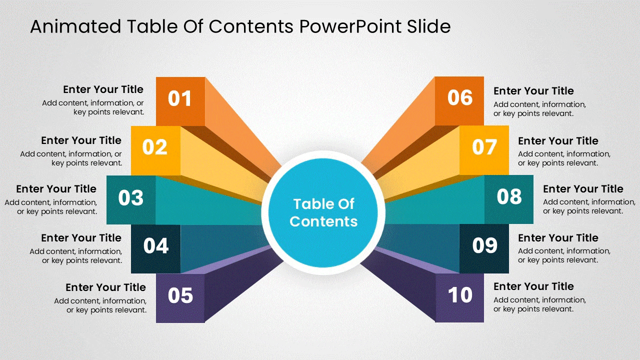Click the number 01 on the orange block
(x=179, y=98)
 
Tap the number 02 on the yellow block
(x=154, y=147)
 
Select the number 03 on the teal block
(x=130, y=197)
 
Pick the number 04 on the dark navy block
(x=155, y=245)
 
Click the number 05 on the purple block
(x=180, y=295)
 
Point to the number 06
(x=460, y=97)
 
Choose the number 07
(x=484, y=147)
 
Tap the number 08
(x=509, y=196)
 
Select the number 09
(x=484, y=245)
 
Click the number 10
(x=460, y=294)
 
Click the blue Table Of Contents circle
(x=323, y=213)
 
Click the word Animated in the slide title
(x=75, y=26)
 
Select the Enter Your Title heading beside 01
(x=103, y=89)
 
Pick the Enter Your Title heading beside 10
(x=533, y=286)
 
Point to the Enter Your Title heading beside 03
(x=56, y=189)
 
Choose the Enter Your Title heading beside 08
(x=583, y=189)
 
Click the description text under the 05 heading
(x=100, y=305)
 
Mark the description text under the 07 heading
(x=564, y=158)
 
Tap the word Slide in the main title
(x=429, y=26)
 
